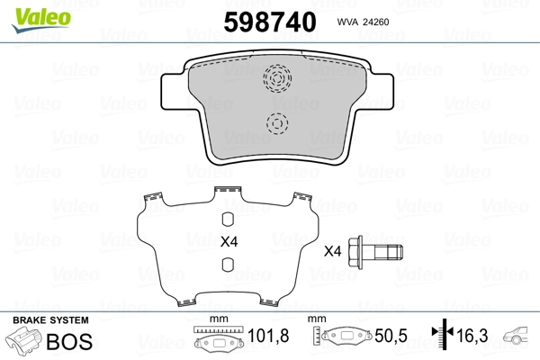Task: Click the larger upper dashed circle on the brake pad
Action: (277, 80)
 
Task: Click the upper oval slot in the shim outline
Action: (229, 217)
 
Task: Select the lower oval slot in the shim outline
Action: (229, 265)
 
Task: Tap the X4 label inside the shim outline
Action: (229, 241)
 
